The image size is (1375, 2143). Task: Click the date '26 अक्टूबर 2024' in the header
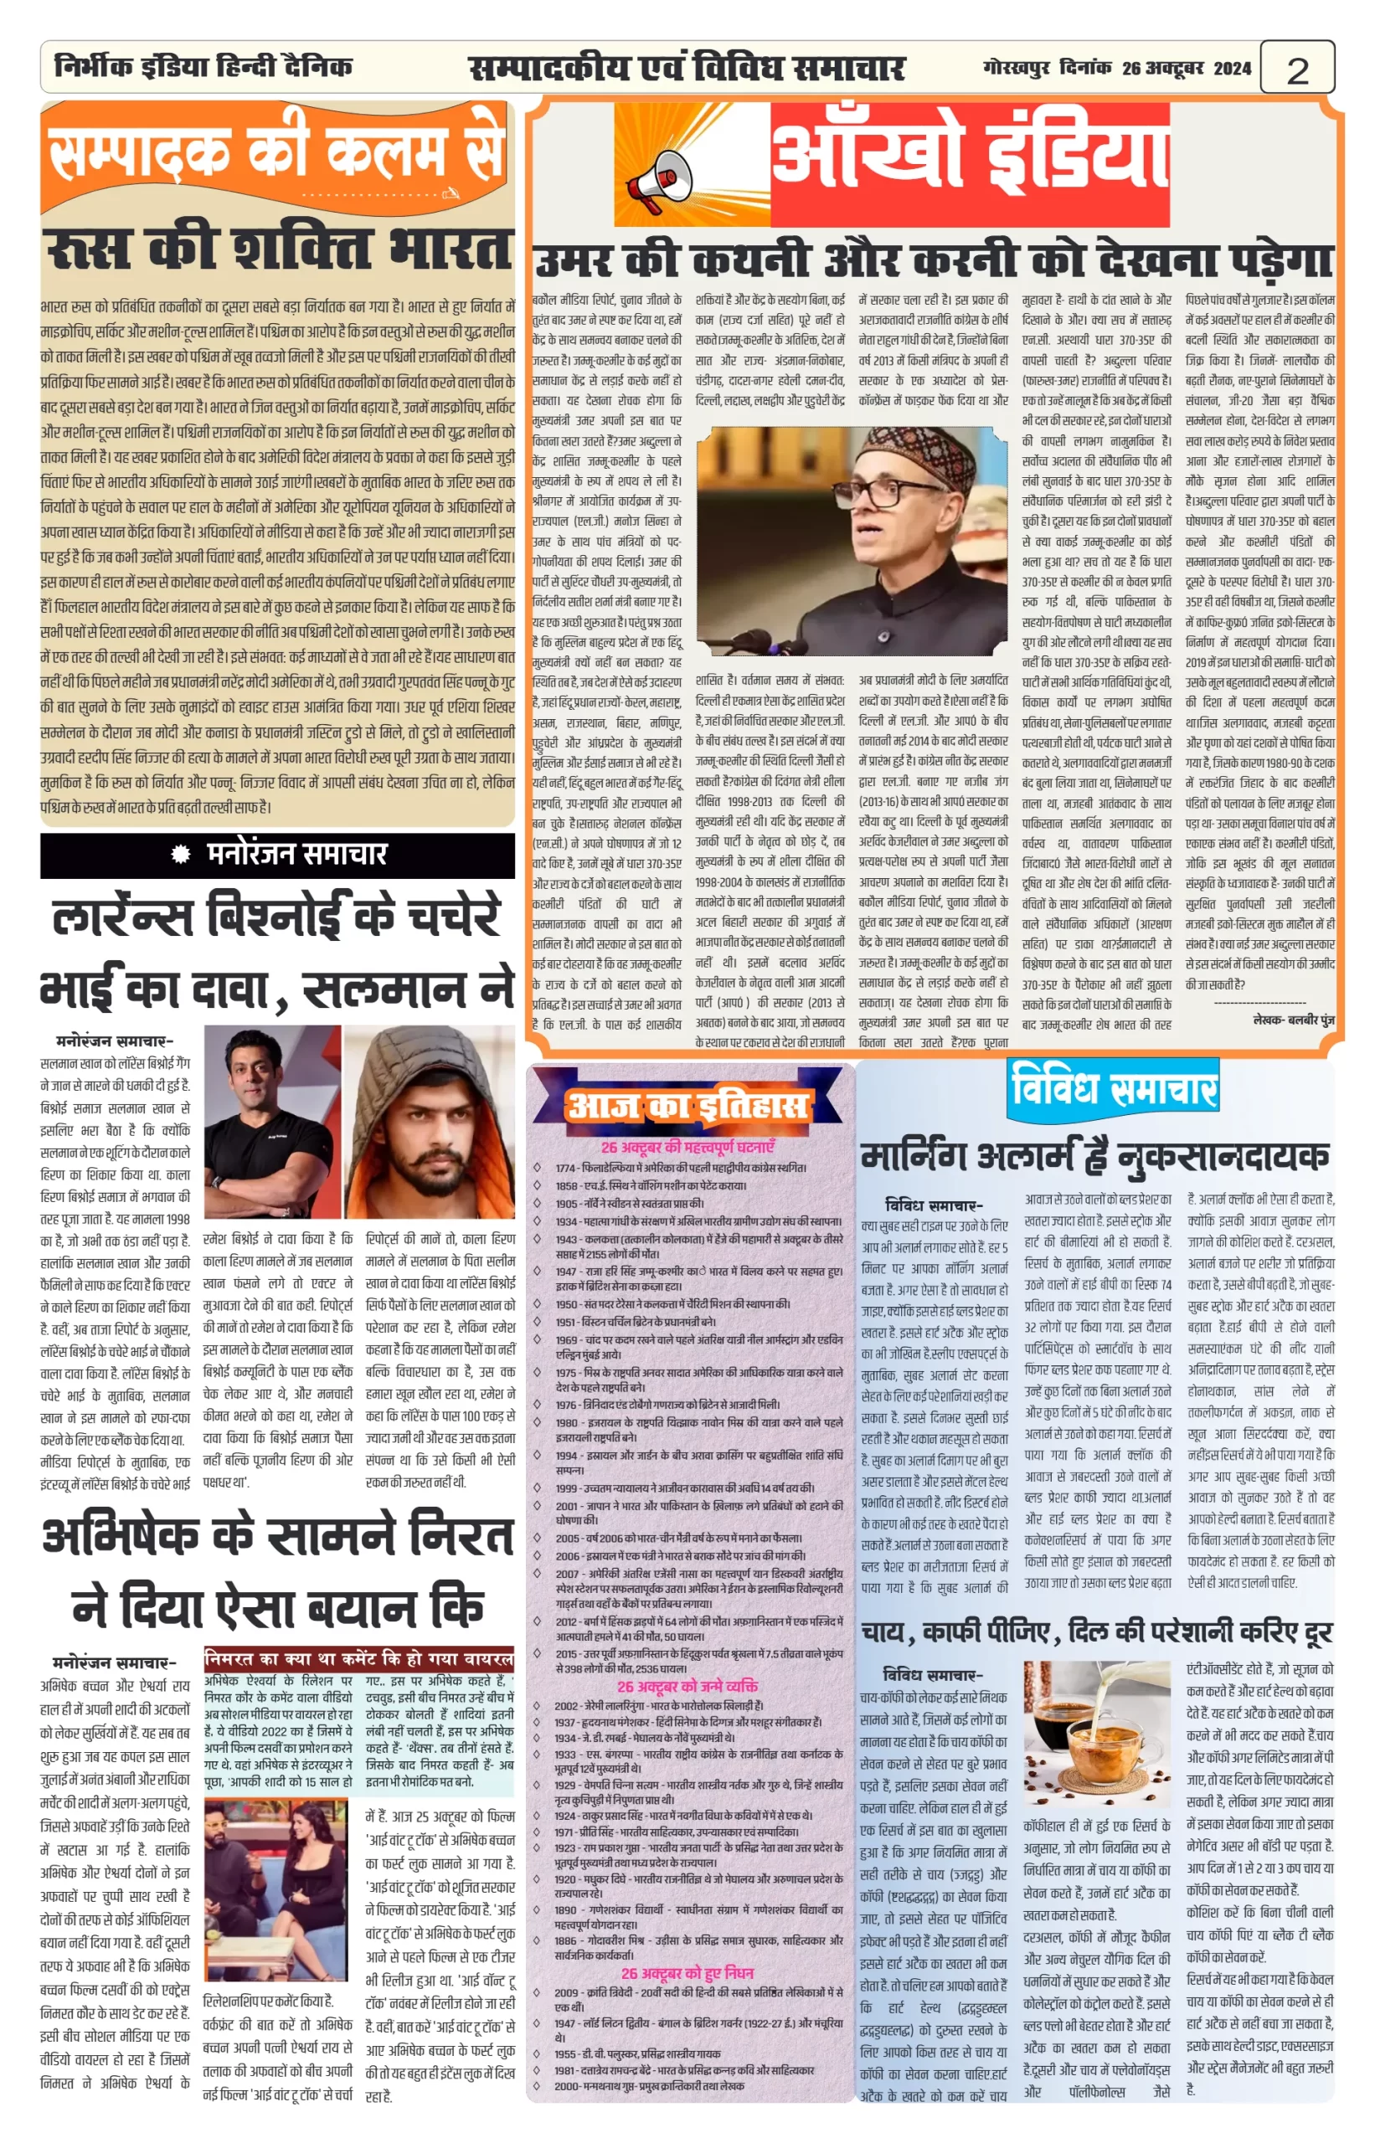tap(1187, 68)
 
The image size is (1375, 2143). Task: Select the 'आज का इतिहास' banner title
tap(687, 1106)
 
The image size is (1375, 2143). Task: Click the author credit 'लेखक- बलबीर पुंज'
tap(1293, 1020)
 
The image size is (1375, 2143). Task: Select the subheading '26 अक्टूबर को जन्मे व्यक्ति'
tap(687, 1686)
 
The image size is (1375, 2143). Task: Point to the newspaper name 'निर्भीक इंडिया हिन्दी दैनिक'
tap(203, 67)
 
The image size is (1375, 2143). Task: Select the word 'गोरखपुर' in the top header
tap(1017, 68)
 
